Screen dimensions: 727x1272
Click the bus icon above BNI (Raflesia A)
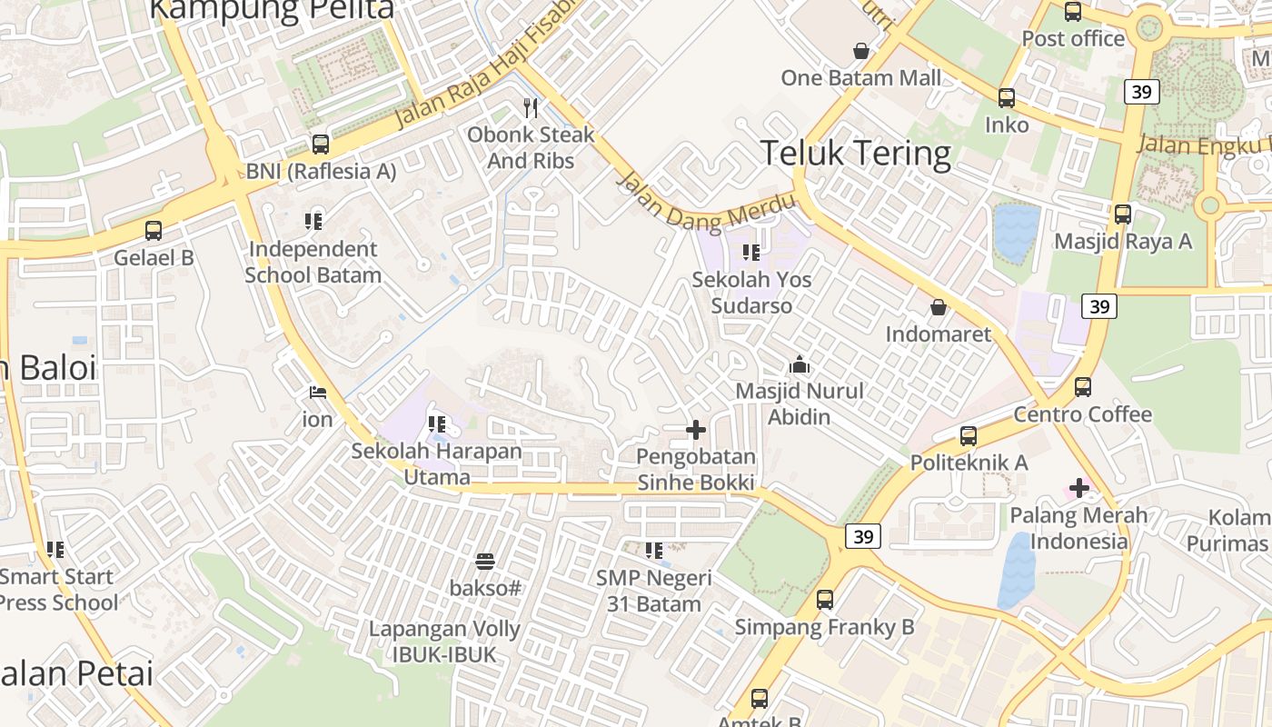point(320,144)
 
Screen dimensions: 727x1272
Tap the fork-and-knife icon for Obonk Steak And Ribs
point(531,108)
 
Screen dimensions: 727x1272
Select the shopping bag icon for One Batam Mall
point(860,51)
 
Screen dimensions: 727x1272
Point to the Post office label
point(1073,39)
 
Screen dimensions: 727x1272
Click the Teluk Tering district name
point(855,153)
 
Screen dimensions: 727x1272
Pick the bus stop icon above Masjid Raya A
point(1123,214)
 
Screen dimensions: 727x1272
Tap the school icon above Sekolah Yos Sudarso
point(750,252)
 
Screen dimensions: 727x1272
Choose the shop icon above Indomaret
point(939,307)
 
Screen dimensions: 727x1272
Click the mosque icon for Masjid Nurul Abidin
point(800,364)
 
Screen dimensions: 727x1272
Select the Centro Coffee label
point(1082,415)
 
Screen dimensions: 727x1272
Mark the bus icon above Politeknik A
point(969,436)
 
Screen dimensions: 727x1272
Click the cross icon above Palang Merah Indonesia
point(1078,489)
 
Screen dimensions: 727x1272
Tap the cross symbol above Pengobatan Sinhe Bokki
point(696,430)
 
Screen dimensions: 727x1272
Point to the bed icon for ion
point(317,393)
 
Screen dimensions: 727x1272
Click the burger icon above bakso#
point(485,562)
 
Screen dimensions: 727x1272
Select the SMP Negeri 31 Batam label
point(653,591)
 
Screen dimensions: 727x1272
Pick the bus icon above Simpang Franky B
point(824,600)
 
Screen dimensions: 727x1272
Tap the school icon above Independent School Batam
point(313,221)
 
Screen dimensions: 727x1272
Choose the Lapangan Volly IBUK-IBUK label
point(444,642)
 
